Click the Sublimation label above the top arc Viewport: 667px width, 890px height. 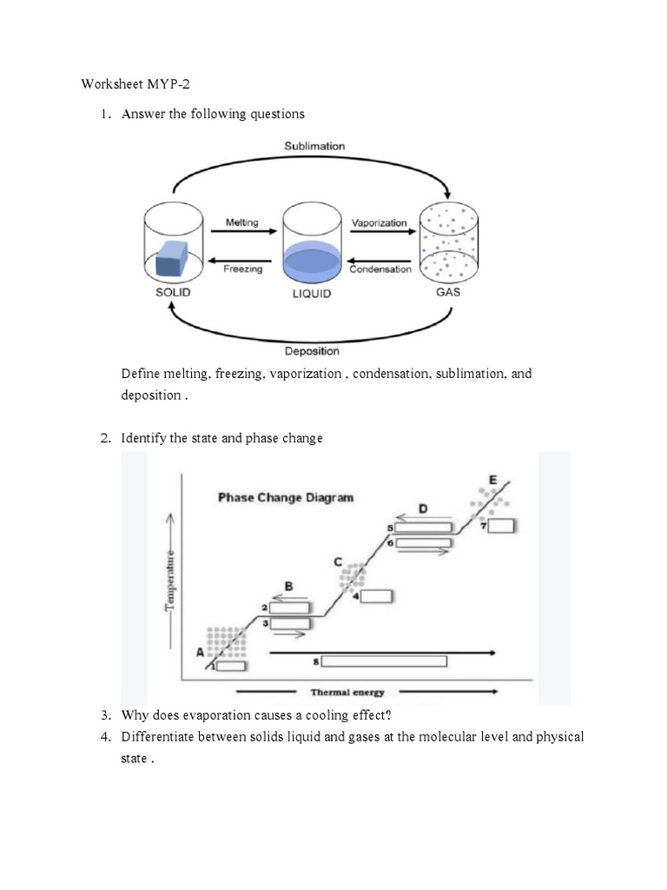click(314, 146)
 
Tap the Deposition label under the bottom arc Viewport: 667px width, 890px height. click(312, 351)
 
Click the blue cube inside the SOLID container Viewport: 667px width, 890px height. click(172, 258)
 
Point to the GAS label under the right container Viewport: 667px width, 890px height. click(447, 293)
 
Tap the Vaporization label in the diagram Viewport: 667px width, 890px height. click(379, 222)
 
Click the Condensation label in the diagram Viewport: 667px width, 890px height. click(380, 269)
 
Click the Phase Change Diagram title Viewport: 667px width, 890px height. click(286, 498)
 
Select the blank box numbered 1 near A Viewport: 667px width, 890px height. click(230, 666)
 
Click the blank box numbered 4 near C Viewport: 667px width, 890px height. click(376, 596)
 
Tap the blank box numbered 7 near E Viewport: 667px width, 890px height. click(502, 526)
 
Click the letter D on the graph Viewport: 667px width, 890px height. click(423, 508)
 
